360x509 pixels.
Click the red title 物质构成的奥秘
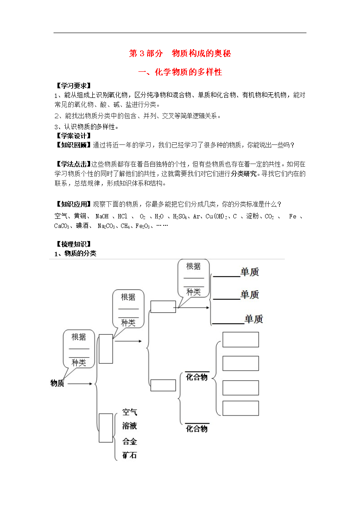202,53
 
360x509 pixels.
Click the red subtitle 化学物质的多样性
188,72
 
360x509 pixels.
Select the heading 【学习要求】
73,86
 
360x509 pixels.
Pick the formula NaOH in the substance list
102,216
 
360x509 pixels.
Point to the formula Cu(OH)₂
215,217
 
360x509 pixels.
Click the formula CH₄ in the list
125,226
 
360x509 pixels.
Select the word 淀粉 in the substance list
252,216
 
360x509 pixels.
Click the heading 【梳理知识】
73,244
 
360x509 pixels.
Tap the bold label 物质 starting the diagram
57,383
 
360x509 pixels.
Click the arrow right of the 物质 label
80,384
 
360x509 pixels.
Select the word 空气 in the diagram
130,412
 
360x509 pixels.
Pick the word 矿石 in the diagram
130,455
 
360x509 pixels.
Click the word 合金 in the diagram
130,442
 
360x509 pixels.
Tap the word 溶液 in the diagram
130,426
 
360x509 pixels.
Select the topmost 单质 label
250,272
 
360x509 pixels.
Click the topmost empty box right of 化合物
241,339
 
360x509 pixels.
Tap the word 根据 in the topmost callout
193,267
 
